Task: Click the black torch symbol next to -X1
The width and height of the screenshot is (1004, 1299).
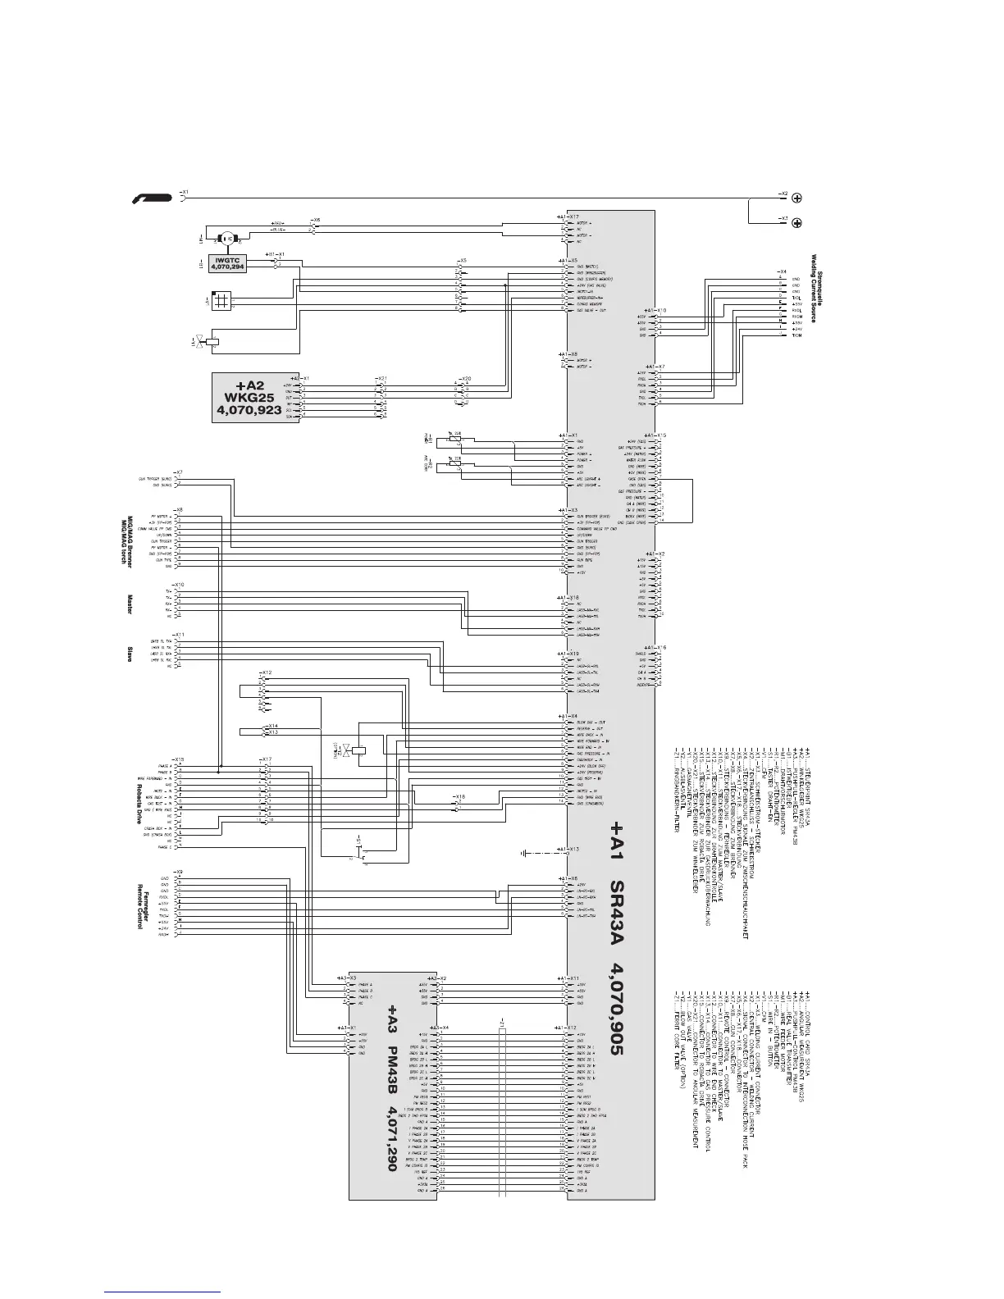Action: [153, 198]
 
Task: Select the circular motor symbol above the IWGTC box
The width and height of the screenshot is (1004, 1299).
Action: [226, 238]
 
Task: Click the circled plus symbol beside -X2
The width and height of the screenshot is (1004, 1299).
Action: [796, 198]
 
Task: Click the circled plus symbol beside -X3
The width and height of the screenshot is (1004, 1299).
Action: [796, 223]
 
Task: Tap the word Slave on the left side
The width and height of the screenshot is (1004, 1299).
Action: [130, 654]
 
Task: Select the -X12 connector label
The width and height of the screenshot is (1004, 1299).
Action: [265, 672]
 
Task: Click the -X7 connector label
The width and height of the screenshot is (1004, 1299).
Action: [179, 472]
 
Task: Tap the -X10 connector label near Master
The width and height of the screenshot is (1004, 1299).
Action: [179, 584]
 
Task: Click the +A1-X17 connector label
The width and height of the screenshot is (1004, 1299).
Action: [568, 216]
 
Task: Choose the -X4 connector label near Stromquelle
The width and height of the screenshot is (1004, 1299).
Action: [783, 271]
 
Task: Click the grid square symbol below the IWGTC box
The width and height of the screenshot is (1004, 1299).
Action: [219, 301]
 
